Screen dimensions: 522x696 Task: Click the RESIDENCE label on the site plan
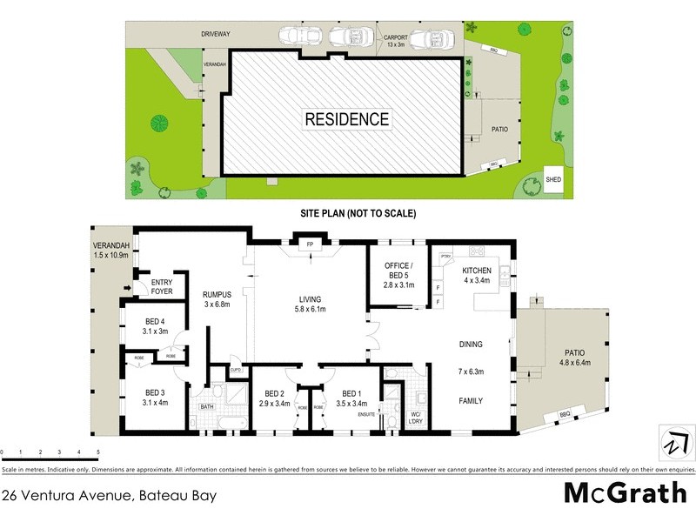pyautogui.click(x=346, y=118)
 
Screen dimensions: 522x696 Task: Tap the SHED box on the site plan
pyautogui.click(x=553, y=179)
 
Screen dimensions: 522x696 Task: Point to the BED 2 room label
pyautogui.click(x=274, y=398)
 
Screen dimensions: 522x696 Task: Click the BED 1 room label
pyautogui.click(x=351, y=398)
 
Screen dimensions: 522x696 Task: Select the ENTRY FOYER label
pyautogui.click(x=162, y=287)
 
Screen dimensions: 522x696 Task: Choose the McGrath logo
pyautogui.click(x=625, y=493)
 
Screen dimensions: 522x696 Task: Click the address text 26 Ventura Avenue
pyautogui.click(x=109, y=497)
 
